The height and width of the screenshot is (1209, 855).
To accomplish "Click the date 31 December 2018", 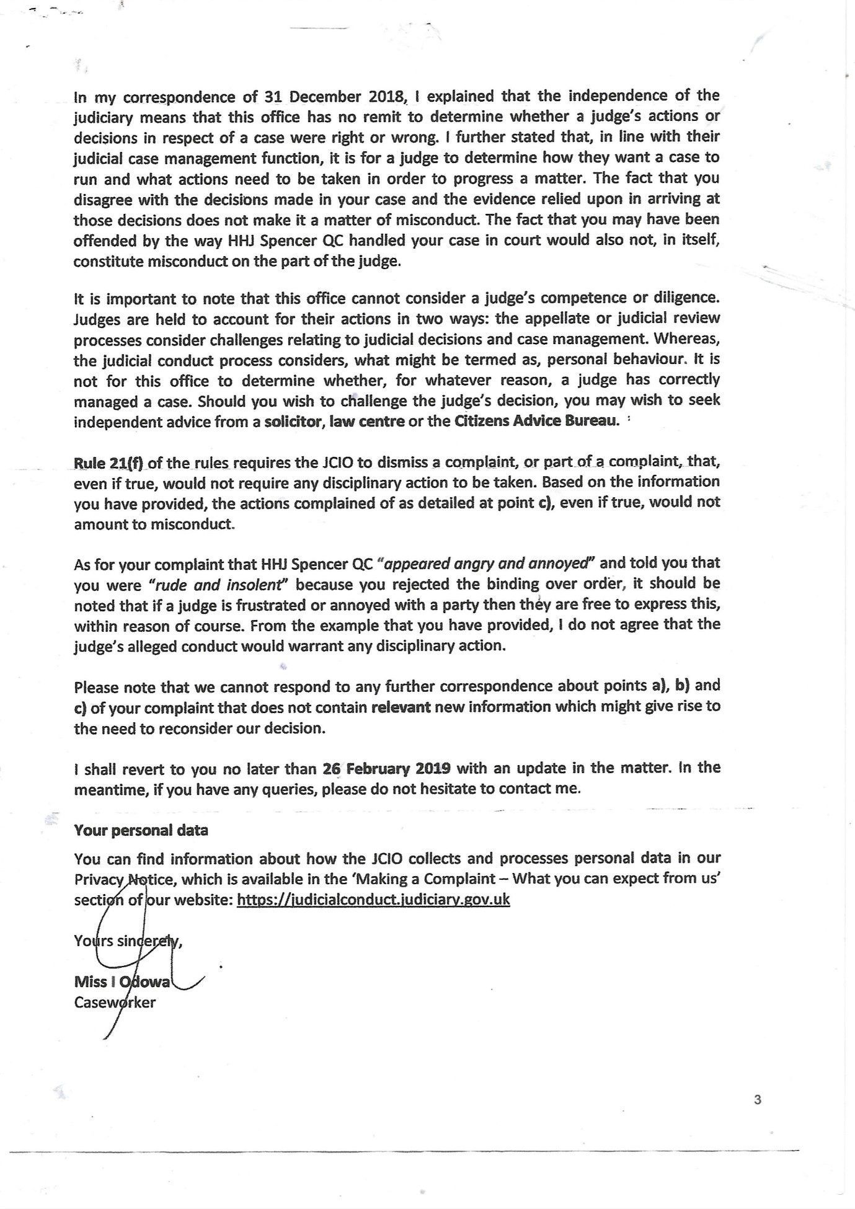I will [x=334, y=97].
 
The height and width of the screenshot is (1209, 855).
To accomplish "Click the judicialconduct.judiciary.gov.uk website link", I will [x=373, y=900].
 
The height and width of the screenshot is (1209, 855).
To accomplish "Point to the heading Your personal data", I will [x=141, y=830].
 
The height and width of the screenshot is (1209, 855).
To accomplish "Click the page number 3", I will [x=757, y=1100].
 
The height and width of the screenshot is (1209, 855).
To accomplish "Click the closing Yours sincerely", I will [x=128, y=941].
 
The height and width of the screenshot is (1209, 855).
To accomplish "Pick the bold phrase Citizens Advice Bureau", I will [x=537, y=422].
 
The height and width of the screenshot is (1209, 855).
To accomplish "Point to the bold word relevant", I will [x=401, y=707].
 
